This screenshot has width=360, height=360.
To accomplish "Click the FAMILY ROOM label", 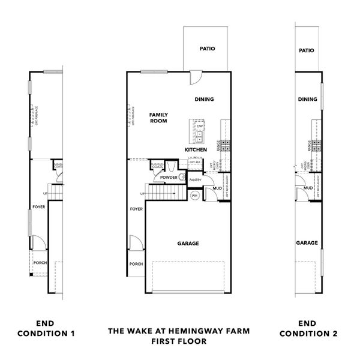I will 158,118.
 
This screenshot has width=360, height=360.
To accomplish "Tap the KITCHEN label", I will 196,149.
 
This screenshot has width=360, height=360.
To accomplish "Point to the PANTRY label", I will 195,179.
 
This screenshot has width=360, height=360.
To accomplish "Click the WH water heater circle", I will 194,196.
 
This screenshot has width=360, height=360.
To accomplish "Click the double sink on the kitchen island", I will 199,135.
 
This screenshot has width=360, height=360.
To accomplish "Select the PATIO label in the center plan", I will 206,49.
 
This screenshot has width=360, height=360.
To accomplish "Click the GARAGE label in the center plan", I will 188,244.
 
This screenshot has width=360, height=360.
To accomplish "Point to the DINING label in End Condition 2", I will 307,100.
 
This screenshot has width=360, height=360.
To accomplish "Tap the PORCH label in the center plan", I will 136,264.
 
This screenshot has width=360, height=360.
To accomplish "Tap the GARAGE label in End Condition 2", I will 307,243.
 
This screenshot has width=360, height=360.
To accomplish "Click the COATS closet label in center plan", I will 157,167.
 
